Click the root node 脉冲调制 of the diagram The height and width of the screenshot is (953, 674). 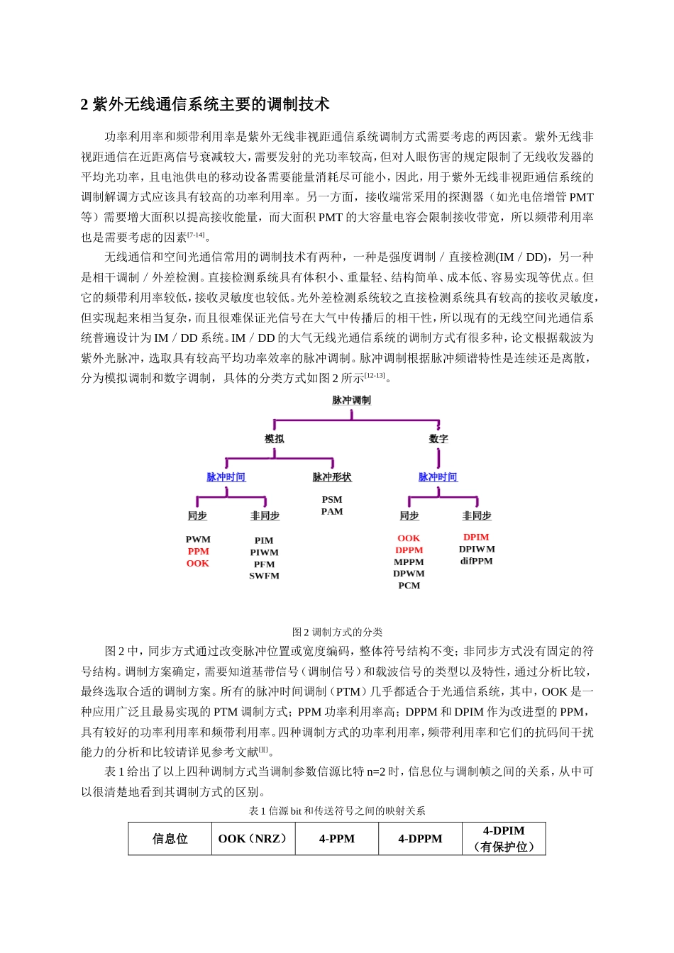click(x=351, y=400)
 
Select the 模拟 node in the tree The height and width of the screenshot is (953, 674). click(x=275, y=439)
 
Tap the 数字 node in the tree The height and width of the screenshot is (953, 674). click(x=438, y=439)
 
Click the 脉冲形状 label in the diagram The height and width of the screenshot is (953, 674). click(x=331, y=477)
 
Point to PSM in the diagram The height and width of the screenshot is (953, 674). click(x=331, y=499)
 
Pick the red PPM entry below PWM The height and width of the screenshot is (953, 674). click(x=198, y=551)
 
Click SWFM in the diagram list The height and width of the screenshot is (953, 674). click(x=264, y=576)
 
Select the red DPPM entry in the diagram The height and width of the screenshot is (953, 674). click(x=409, y=550)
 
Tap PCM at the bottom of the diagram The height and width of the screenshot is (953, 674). click(x=409, y=586)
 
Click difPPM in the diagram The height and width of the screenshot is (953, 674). click(x=476, y=561)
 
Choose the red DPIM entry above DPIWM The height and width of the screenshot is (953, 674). click(x=476, y=537)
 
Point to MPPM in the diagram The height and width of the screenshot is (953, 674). click(x=409, y=562)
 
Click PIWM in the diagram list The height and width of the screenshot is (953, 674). click(x=264, y=552)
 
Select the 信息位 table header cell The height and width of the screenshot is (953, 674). click(x=170, y=839)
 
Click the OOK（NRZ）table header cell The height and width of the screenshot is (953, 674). click(x=254, y=839)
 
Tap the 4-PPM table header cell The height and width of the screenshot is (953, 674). click(x=337, y=839)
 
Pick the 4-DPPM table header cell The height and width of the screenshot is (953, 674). click(x=420, y=839)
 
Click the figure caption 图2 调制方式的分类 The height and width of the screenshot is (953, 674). click(x=337, y=632)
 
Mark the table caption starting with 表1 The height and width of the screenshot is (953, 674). click(x=337, y=810)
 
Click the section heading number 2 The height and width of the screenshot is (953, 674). click(x=84, y=105)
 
